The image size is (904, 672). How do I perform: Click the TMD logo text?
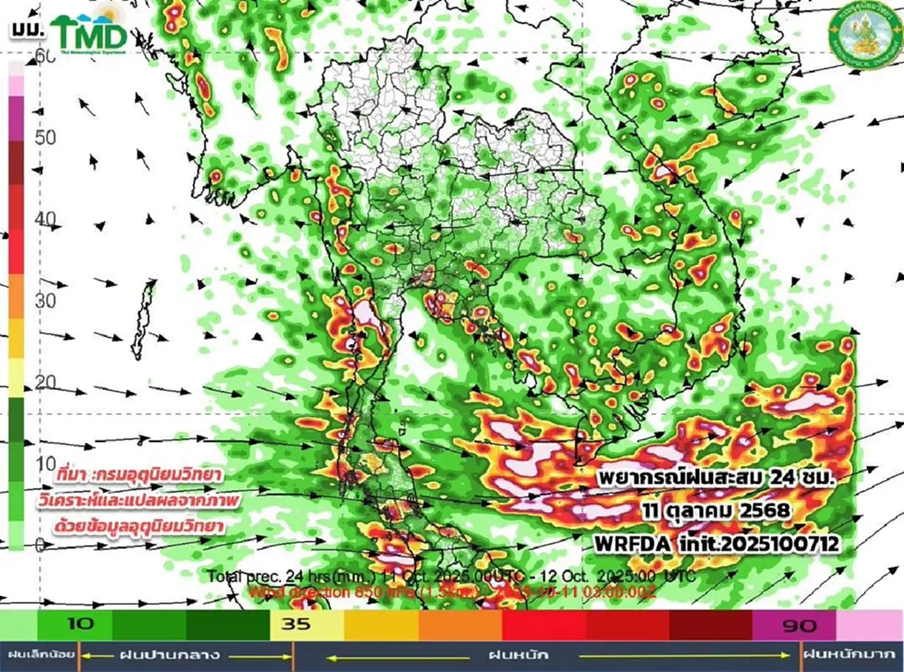point(89,34)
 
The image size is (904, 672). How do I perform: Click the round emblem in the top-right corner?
point(859,33)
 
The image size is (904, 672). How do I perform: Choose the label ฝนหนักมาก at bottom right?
point(852,654)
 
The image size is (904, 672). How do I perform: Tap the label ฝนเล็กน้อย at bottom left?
point(38,654)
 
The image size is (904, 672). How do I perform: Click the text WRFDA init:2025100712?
point(716,542)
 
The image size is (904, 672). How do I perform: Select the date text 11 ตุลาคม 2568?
point(716,511)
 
